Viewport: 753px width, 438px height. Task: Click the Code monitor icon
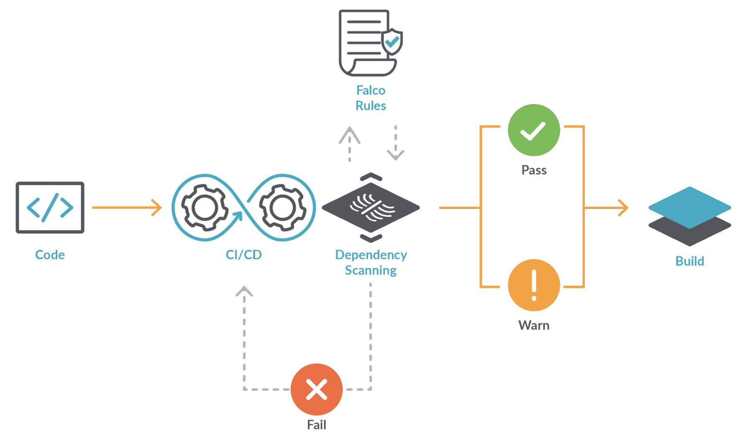click(50, 207)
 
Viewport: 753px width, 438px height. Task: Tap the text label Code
click(50, 255)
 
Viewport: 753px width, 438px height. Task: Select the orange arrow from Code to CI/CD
click(127, 207)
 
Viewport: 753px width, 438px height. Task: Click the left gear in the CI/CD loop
click(205, 207)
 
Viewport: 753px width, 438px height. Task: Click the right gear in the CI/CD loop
click(282, 207)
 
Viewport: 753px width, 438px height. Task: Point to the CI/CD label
click(243, 255)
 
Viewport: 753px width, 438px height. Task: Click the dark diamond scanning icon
click(371, 207)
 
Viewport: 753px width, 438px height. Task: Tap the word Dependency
click(371, 255)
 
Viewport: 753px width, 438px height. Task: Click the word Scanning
click(371, 270)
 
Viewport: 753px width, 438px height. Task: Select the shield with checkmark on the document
click(392, 42)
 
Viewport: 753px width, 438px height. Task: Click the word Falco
click(371, 90)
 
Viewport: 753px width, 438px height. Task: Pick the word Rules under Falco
click(371, 106)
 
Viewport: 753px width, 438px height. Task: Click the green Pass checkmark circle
click(533, 130)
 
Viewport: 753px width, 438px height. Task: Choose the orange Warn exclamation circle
click(533, 285)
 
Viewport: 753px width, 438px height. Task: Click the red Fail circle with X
click(317, 389)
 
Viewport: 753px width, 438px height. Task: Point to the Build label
click(689, 261)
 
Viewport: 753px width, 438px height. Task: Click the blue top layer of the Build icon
click(689, 206)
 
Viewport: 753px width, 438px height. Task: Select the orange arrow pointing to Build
click(607, 207)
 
